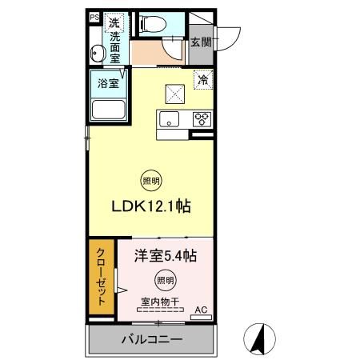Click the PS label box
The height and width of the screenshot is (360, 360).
pyautogui.click(x=94, y=18)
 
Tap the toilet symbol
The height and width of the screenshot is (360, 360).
pyautogui.click(x=153, y=24)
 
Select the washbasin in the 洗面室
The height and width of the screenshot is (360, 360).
pyautogui.click(x=95, y=53)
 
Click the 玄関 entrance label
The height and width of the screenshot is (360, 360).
pyautogui.click(x=201, y=42)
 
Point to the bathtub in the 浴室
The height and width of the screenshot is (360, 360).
pyautogui.click(x=109, y=110)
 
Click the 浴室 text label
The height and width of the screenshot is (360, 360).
pyautogui.click(x=108, y=83)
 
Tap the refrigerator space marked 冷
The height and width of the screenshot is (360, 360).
pyautogui.click(x=203, y=79)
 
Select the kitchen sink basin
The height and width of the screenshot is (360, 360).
pyautogui.click(x=169, y=119)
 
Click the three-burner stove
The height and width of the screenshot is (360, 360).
pyautogui.click(x=202, y=119)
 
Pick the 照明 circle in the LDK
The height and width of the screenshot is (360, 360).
pyautogui.click(x=151, y=181)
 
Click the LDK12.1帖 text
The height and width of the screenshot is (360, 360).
pyautogui.click(x=151, y=206)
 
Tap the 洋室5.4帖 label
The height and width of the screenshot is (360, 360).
pyautogui.click(x=166, y=256)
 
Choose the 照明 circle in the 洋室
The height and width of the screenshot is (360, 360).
pyautogui.click(x=166, y=280)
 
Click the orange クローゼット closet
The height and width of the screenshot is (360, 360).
pyautogui.click(x=102, y=277)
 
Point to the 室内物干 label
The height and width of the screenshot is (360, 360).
pyautogui.click(x=160, y=302)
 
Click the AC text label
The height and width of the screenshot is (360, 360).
pyautogui.click(x=201, y=310)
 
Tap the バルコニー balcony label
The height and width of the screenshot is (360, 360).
pyautogui.click(x=152, y=339)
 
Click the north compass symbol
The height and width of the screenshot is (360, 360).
pyautogui.click(x=259, y=339)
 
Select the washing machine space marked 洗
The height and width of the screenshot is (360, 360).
pyautogui.click(x=114, y=23)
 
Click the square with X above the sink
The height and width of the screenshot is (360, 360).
pyautogui.click(x=175, y=94)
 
